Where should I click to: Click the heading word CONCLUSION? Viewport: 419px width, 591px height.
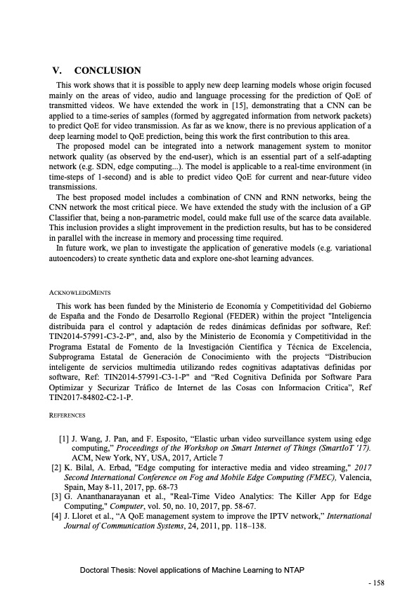[108, 71]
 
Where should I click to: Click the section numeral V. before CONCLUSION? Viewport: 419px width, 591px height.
[58, 71]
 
